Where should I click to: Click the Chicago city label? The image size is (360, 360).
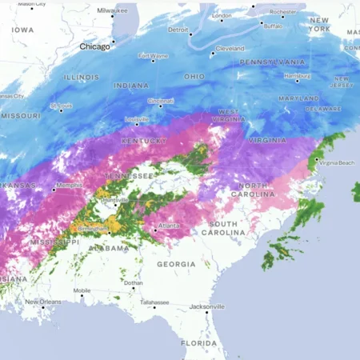point(94,46)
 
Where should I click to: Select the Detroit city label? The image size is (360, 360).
point(178,30)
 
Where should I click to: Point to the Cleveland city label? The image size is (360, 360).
point(229,48)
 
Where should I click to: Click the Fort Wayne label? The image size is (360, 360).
point(153,56)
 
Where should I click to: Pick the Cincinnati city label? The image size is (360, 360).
point(160,101)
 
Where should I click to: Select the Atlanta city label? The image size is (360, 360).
point(169,226)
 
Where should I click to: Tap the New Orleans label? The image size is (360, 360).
point(43,302)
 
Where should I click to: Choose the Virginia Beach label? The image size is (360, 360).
point(336,162)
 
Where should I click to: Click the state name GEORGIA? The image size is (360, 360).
point(176,263)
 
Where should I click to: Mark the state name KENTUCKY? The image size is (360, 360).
point(144,141)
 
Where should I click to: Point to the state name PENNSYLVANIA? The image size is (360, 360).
point(272,62)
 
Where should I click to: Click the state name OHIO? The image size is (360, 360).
point(194,77)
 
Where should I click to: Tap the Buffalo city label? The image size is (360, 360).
point(273,26)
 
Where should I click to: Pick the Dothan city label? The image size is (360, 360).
point(134,282)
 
